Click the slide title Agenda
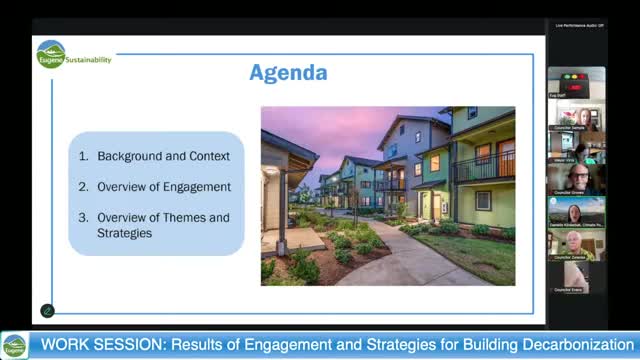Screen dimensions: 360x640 [x=288, y=73]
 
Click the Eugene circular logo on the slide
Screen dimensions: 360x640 [x=50, y=55]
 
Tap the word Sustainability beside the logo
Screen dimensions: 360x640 [x=89, y=60]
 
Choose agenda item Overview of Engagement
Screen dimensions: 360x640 [x=163, y=187]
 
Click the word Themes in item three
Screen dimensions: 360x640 [x=187, y=217]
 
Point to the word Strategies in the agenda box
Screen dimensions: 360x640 [x=124, y=233]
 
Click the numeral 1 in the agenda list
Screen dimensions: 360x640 [x=84, y=156]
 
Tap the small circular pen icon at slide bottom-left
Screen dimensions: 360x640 [x=47, y=311]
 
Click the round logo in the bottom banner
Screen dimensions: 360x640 [x=14, y=346]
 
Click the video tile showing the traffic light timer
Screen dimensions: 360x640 [x=575, y=82]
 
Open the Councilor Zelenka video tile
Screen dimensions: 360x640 [x=575, y=244]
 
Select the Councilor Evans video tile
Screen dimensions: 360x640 [x=575, y=275]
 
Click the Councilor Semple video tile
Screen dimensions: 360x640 [x=575, y=116]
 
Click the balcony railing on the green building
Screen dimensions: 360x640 [x=483, y=167]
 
